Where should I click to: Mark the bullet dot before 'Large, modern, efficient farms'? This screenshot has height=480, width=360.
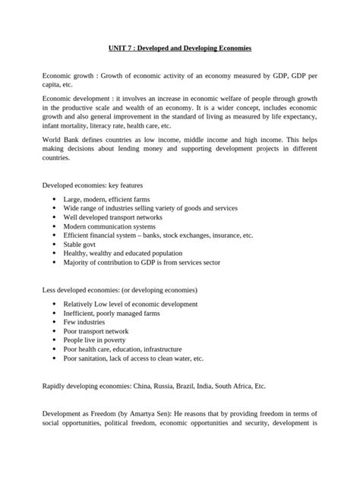(x=54, y=198)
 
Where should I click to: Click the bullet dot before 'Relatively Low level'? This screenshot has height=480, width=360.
(x=54, y=304)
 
